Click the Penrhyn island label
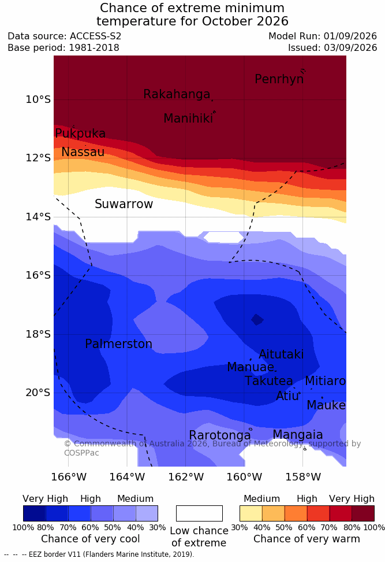coord(279,79)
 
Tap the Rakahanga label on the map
coord(177,94)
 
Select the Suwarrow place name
coord(124,204)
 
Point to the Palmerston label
coord(119,344)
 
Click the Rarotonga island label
coord(220,435)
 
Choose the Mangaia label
coord(298,435)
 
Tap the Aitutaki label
coord(281,354)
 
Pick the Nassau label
coord(83,152)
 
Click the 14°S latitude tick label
coord(38,217)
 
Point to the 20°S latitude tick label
coord(38,393)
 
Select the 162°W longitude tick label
coord(186,477)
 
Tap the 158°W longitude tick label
coord(303,477)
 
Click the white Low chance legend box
coord(199,513)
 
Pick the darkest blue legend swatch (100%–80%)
coord(35,513)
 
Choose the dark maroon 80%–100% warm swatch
coord(363,513)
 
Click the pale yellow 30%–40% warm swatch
coord(251,513)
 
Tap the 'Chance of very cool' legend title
coord(91,539)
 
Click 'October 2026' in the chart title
coord(245,21)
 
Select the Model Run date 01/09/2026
coord(350,36)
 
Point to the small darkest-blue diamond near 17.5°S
coord(257,319)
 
